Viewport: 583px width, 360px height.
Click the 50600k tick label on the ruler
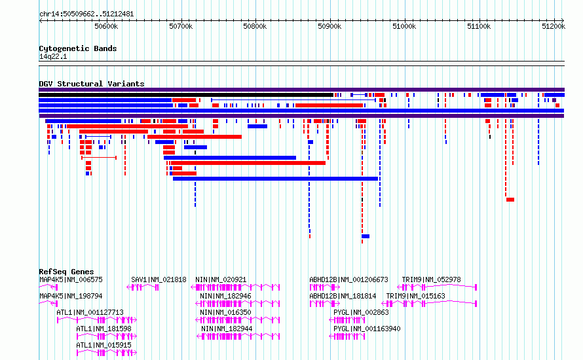106,26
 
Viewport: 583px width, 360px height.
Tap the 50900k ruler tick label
329,26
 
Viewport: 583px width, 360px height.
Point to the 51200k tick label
554,26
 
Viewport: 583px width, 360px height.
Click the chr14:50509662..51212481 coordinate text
86,14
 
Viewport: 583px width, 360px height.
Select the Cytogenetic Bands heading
78,48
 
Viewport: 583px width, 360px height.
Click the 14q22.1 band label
53,56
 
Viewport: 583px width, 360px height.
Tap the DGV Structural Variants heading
92,84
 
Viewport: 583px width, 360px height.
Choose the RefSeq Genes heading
66,272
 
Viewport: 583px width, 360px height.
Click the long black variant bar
186,95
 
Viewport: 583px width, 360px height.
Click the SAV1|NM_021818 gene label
159,279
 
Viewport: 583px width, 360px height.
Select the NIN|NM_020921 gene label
221,279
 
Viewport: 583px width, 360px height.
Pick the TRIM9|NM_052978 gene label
431,279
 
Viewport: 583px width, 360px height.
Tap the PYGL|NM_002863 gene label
361,312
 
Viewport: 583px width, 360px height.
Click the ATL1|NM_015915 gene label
103,345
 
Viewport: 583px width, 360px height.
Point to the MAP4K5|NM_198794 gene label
71,296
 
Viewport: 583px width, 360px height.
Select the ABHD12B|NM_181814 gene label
343,296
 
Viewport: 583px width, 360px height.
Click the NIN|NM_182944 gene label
227,329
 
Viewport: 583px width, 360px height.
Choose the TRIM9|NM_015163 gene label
416,296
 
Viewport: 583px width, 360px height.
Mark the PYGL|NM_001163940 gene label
367,329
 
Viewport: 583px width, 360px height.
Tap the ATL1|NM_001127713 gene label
90,312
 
